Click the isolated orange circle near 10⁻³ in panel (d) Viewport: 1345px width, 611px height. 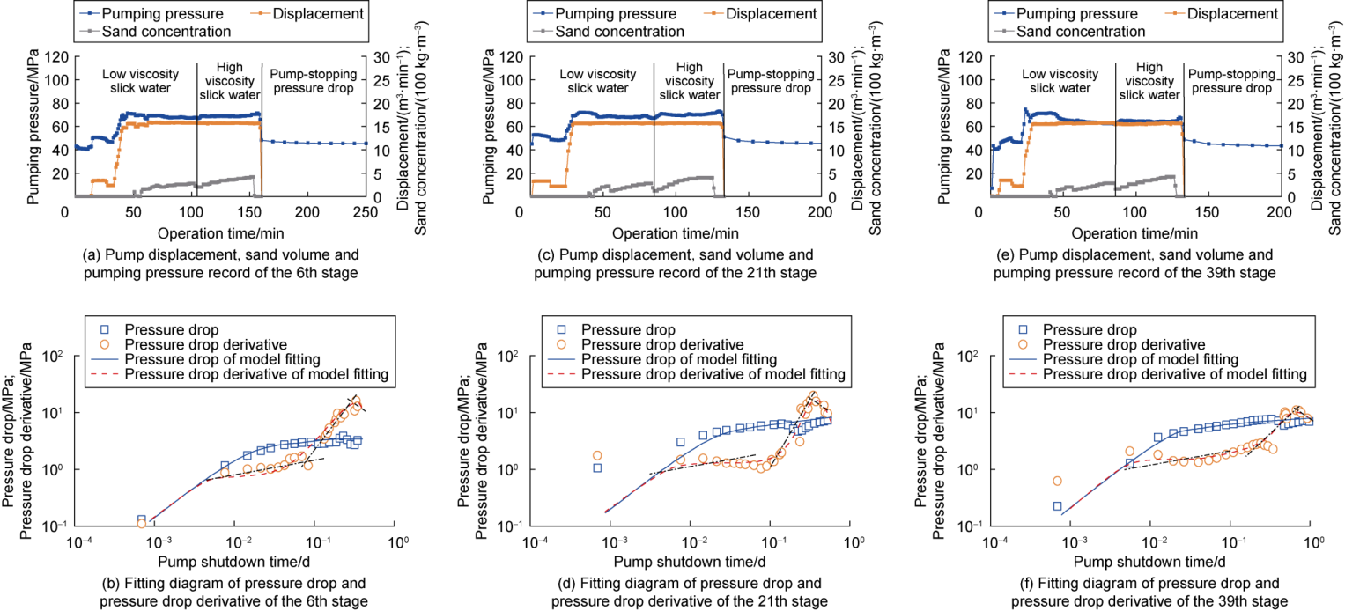pyautogui.click(x=597, y=455)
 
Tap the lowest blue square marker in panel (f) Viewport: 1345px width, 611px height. pyautogui.click(x=1057, y=505)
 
